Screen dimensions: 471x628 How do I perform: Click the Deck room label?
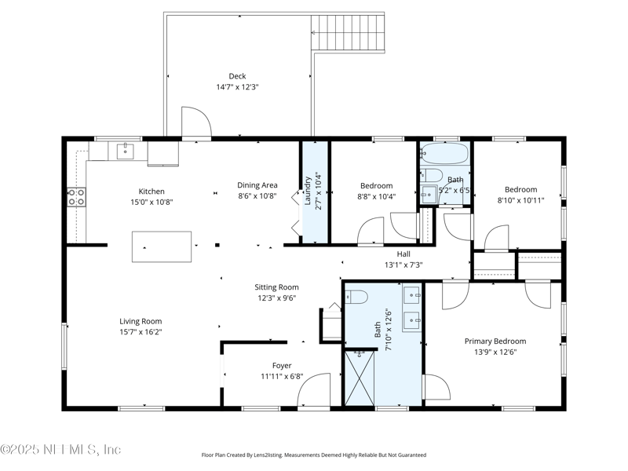tap(237, 76)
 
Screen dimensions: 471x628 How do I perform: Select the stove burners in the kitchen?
tap(76, 197)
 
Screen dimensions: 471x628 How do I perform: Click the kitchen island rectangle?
tap(162, 246)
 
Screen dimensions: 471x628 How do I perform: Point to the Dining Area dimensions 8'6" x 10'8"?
tap(257, 197)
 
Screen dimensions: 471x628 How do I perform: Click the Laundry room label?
tap(308, 190)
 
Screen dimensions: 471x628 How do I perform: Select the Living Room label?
tap(141, 321)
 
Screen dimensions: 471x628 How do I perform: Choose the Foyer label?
tap(282, 365)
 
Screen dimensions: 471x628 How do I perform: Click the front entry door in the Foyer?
tap(314, 391)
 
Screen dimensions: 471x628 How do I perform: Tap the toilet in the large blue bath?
tap(357, 297)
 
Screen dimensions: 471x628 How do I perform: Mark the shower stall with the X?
tap(362, 379)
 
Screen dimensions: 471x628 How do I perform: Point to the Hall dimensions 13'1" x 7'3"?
tap(403, 265)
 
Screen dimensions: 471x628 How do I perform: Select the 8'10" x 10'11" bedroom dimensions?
tap(520, 200)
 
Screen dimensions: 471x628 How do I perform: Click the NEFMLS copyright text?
tap(60, 450)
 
